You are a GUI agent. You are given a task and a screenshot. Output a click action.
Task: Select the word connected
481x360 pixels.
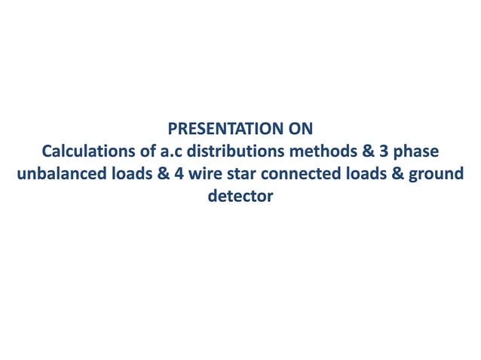290,175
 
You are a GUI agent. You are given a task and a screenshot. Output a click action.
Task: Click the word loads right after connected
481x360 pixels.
352,175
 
